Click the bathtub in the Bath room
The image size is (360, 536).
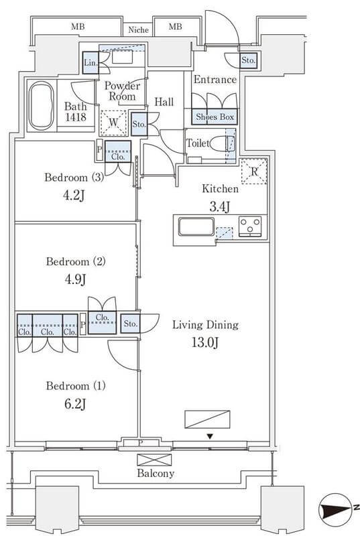pyautogui.click(x=42, y=105)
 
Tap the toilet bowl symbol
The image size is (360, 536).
pyautogui.click(x=222, y=143)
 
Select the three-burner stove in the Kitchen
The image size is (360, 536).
pyautogui.click(x=250, y=226)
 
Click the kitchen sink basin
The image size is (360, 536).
pyautogui.click(x=196, y=226)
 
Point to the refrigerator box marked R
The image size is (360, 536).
pyautogui.click(x=253, y=172)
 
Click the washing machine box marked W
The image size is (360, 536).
pyautogui.click(x=113, y=123)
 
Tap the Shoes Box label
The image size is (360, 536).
pyautogui.click(x=215, y=117)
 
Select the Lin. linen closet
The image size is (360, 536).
pyautogui.click(x=91, y=62)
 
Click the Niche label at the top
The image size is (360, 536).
pyautogui.click(x=139, y=29)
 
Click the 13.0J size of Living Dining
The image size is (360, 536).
pyautogui.click(x=204, y=342)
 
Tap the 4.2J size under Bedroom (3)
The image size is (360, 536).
pyautogui.click(x=74, y=195)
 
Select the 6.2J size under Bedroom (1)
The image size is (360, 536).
pyautogui.click(x=75, y=404)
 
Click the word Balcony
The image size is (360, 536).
pyautogui.click(x=156, y=474)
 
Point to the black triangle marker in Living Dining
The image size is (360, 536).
pyautogui.click(x=211, y=437)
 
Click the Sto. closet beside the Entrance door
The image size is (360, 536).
pyautogui.click(x=248, y=61)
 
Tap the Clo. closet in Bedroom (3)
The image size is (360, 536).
pyautogui.click(x=118, y=151)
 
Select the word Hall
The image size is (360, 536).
pyautogui.click(x=164, y=102)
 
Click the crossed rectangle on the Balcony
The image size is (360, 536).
pyautogui.click(x=154, y=460)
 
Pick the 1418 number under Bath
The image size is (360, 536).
pyautogui.click(x=76, y=117)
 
